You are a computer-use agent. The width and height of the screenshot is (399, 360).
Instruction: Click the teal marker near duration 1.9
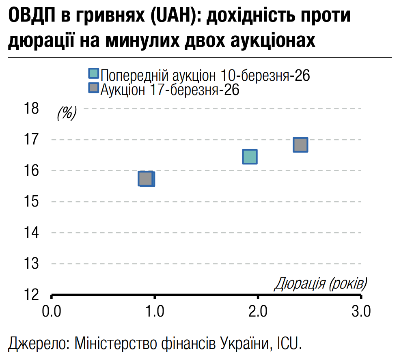[250, 156]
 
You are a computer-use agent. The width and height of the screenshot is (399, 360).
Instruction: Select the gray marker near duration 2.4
[300, 144]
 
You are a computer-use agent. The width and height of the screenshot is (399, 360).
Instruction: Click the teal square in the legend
[94, 73]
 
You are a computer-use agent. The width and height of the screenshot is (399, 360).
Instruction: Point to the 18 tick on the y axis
[32, 108]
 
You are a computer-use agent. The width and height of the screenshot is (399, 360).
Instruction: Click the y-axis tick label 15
[32, 201]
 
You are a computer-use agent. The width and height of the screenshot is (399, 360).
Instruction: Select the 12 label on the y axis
[32, 294]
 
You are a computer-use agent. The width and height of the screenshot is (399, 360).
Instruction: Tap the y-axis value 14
[32, 232]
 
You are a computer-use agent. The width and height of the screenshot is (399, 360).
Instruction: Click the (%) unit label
[67, 113]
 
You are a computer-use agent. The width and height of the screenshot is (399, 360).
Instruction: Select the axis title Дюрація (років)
[321, 283]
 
